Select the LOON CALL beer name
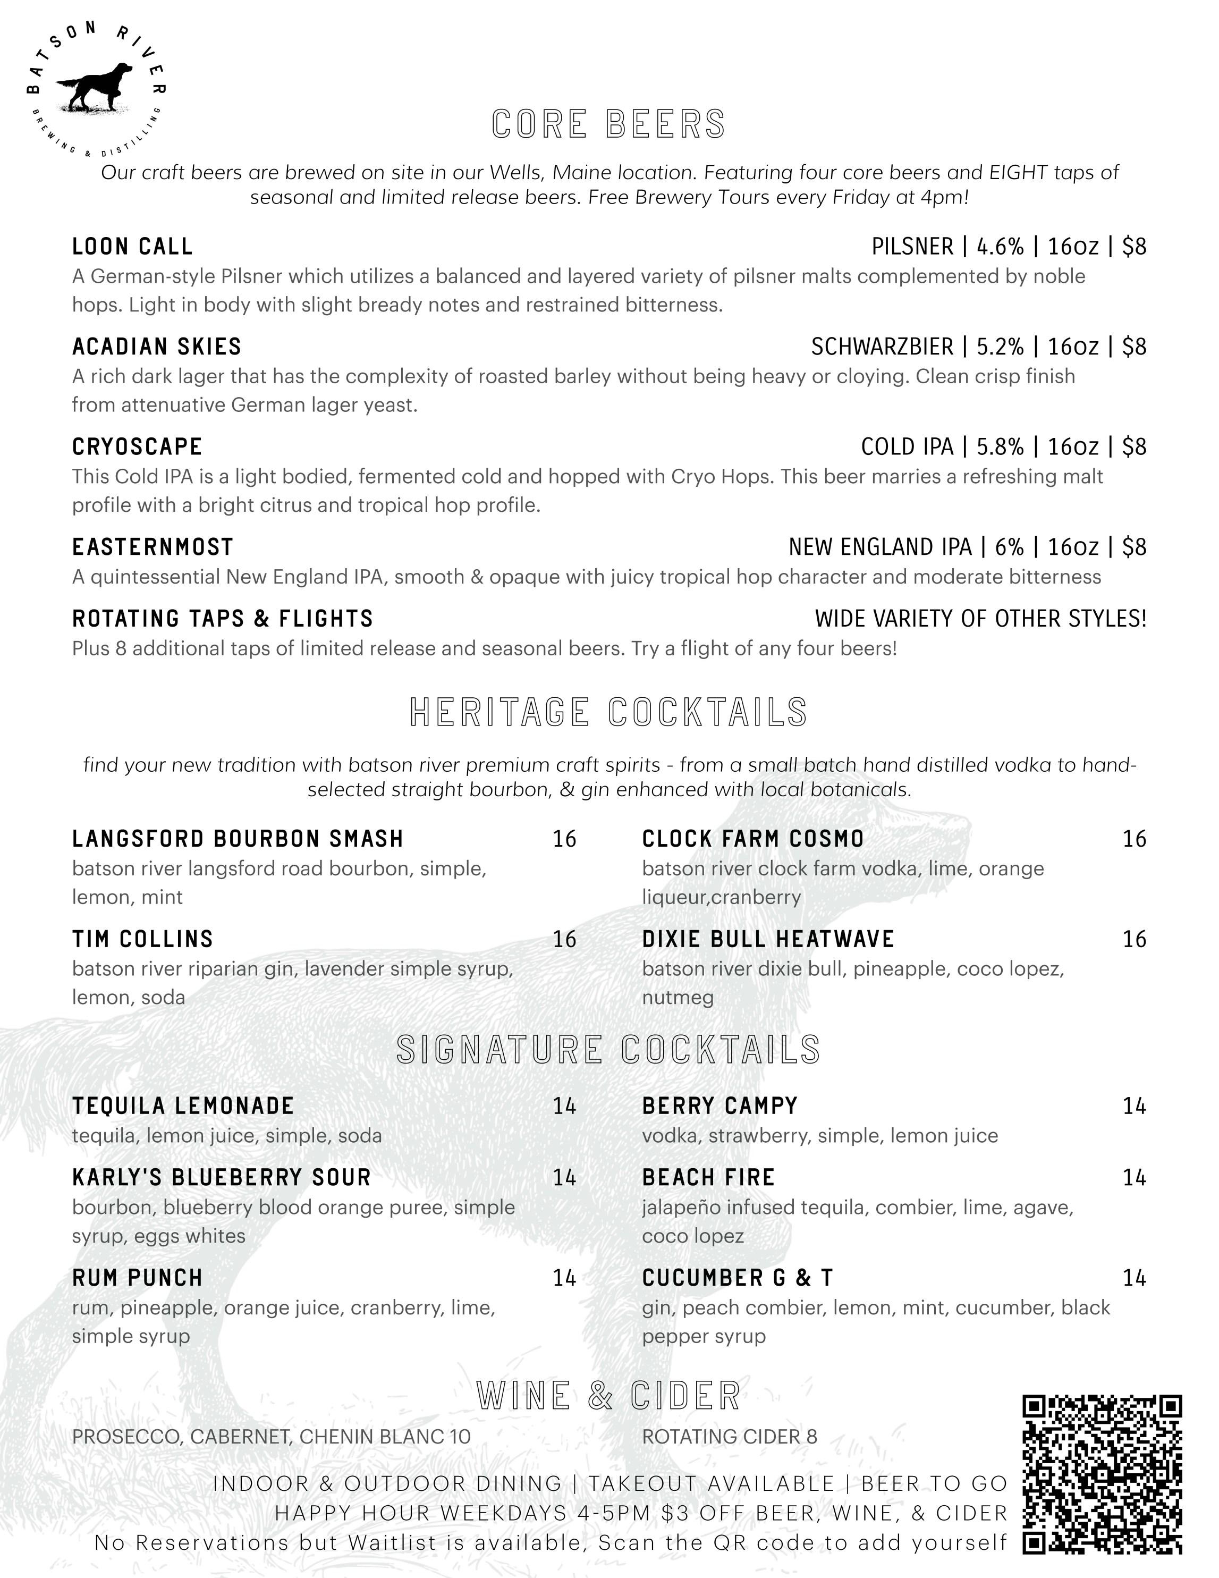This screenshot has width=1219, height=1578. (x=132, y=247)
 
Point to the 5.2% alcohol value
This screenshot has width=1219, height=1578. (x=1000, y=347)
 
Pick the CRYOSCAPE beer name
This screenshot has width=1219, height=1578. (x=137, y=446)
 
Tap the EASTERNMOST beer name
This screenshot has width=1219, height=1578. (x=153, y=547)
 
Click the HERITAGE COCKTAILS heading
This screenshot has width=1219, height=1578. (x=608, y=712)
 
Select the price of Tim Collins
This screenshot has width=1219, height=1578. (x=564, y=939)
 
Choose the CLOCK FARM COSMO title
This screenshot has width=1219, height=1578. (x=753, y=839)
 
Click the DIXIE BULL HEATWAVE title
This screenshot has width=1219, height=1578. (x=768, y=939)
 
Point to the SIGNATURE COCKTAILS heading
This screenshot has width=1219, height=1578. (x=608, y=1050)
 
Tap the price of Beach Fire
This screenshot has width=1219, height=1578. (x=1134, y=1178)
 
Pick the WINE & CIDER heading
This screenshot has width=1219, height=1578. (x=608, y=1395)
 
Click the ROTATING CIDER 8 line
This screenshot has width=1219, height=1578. (x=729, y=1437)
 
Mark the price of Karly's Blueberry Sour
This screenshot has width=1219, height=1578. (x=564, y=1178)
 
